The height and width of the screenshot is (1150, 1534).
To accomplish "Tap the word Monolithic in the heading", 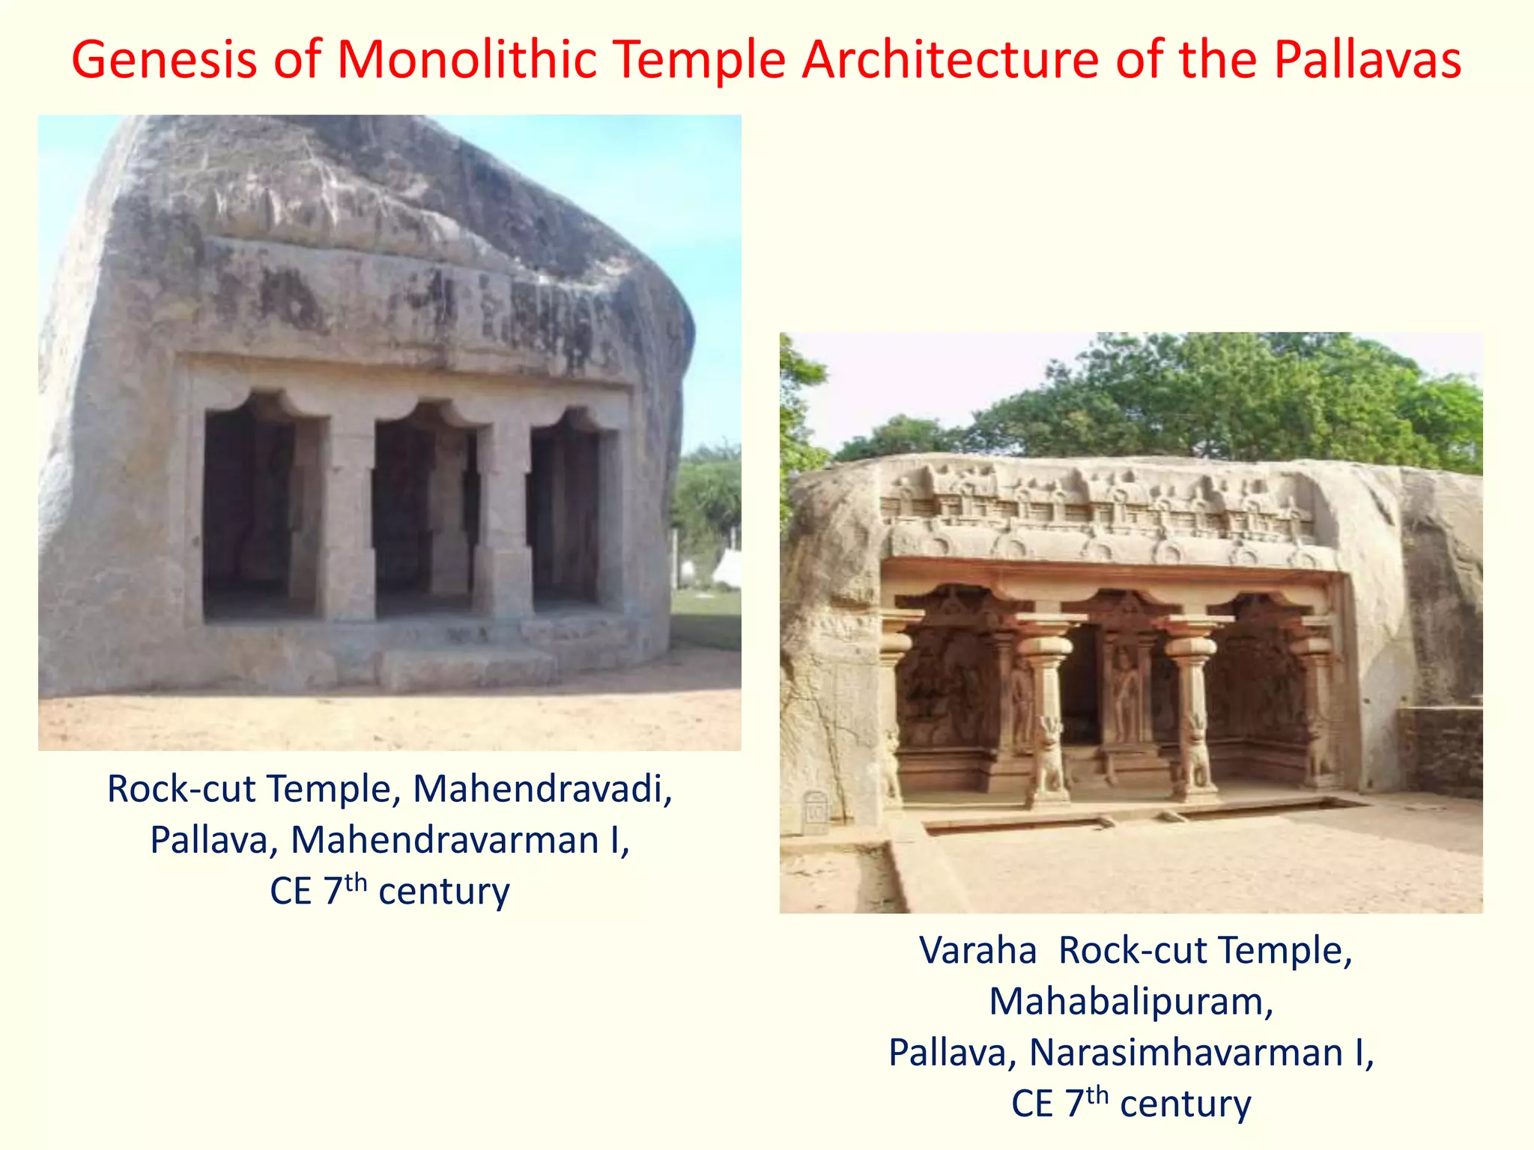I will (x=467, y=60).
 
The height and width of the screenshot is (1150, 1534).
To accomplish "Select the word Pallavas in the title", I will (x=1367, y=60).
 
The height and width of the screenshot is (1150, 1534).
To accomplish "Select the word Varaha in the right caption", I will (x=977, y=951).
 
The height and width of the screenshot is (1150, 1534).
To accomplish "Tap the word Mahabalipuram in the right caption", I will (x=1131, y=1002).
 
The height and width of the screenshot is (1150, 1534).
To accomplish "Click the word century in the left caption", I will (x=444, y=892).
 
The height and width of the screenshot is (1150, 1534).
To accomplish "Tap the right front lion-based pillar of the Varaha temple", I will (x=1192, y=719).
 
